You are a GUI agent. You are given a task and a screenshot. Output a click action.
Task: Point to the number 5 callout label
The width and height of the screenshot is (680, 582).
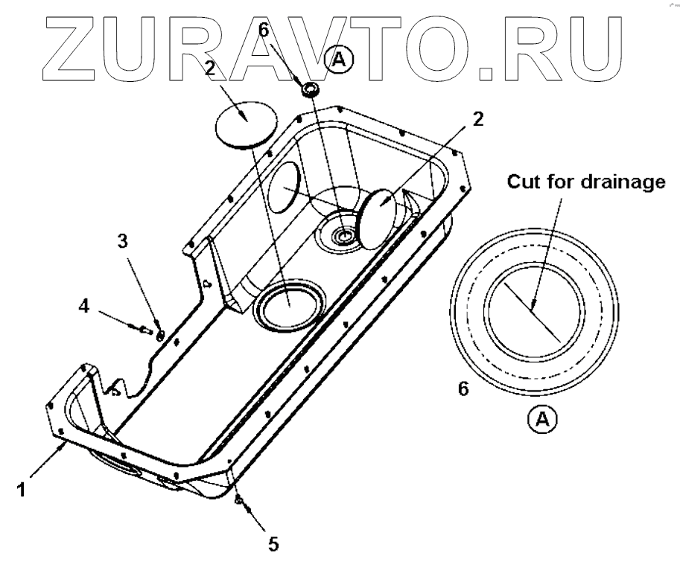click(x=273, y=544)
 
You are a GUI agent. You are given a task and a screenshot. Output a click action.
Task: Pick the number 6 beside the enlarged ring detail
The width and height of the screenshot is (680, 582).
click(x=463, y=388)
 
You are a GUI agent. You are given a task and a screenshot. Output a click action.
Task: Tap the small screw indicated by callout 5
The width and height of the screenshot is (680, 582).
click(x=238, y=501)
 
